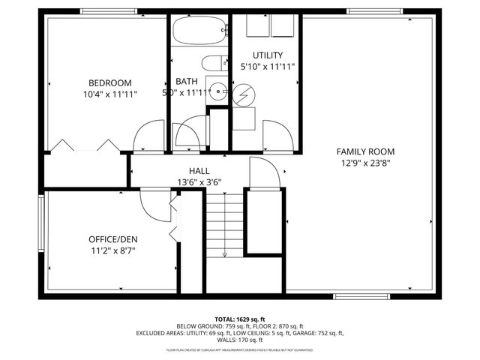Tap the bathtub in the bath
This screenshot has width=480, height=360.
pyautogui.click(x=199, y=33)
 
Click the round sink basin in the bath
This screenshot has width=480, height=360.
pyautogui.click(x=218, y=91)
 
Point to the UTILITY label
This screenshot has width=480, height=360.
pyautogui.click(x=267, y=55)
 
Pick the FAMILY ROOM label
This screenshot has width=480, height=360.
pyautogui.click(x=365, y=151)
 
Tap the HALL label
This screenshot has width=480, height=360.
pyautogui.click(x=199, y=171)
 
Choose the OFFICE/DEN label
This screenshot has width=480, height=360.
pyautogui.click(x=112, y=239)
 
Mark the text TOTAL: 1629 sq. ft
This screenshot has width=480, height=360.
pyautogui.click(x=240, y=319)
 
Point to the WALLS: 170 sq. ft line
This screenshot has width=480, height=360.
pyautogui.click(x=240, y=340)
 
